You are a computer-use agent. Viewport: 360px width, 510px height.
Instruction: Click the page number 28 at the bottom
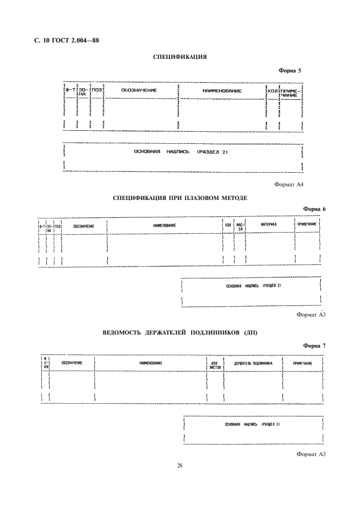pyautogui.click(x=179, y=465)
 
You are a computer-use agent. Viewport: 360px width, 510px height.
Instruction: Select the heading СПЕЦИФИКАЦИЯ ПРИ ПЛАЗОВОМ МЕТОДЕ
pyautogui.click(x=180, y=198)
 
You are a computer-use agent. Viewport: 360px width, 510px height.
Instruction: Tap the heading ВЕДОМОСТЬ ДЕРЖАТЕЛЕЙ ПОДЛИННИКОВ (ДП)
pyautogui.click(x=180, y=332)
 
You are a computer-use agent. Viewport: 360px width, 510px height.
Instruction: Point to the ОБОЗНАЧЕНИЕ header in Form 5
pyautogui.click(x=139, y=90)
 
